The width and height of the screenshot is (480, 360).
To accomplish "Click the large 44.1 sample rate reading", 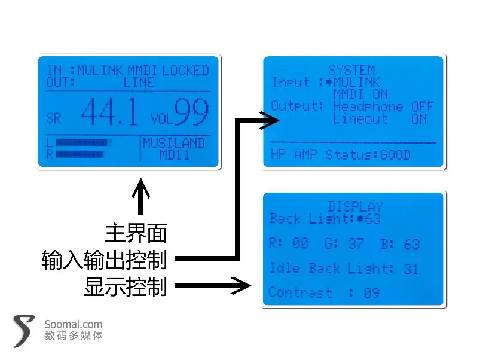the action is coord(109,112).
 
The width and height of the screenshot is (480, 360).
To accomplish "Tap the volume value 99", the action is coord(191,112).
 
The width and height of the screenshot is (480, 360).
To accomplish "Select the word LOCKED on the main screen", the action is coord(185,71).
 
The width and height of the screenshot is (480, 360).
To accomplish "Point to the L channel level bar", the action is coord(82,142).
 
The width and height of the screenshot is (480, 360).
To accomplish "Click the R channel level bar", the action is coord(80,154).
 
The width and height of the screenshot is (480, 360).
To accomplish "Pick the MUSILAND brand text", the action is coord(174,143).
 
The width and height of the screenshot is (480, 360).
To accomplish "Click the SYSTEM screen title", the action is coord(351,70).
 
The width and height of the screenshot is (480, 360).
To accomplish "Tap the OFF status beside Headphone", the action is coord(423,106).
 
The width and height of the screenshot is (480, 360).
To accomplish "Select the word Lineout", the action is coord(360,118).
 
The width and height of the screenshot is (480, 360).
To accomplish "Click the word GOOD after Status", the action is coord(395,155).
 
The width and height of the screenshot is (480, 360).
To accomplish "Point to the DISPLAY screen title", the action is coord(356,207).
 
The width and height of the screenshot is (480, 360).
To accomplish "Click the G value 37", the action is coord(356,243).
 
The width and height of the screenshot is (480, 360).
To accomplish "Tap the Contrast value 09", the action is coord(372,293).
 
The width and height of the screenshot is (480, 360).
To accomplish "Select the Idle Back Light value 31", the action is coord(411,269).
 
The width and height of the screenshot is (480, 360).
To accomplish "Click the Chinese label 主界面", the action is coord(136,233).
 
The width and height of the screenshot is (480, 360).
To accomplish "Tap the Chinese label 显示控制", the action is coord(126,286).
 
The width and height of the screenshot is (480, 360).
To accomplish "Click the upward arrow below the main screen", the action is coord(141,197).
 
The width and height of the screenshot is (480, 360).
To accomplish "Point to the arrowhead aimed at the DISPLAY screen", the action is coord(241,286).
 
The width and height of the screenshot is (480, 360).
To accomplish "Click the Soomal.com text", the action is coord(74,324).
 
